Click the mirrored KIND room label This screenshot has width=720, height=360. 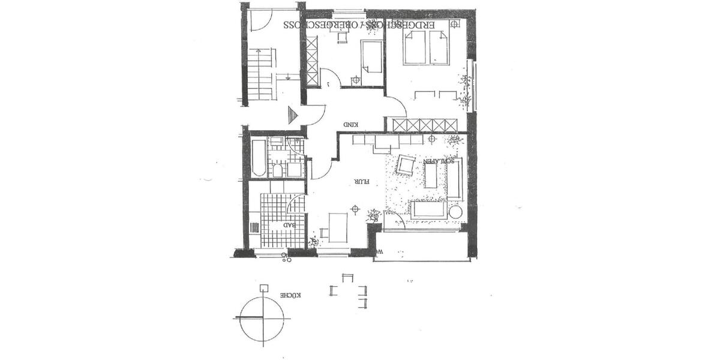click(350, 125)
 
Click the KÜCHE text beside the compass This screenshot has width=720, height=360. click(290, 296)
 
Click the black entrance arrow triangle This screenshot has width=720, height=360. click(293, 115)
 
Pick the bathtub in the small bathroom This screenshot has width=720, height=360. click(258, 157)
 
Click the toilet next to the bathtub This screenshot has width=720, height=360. click(278, 170)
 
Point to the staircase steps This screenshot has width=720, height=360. click(262, 74)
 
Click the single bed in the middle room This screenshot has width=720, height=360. click(371, 64)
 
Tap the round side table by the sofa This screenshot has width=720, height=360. click(455, 212)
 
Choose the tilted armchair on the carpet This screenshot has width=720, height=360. click(406, 165)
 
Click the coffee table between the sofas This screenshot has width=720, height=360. click(430, 175)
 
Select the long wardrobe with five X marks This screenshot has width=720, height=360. click(428, 125)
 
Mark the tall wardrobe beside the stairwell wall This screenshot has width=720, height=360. click(311, 61)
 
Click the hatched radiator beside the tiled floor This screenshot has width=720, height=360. click(254, 227)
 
